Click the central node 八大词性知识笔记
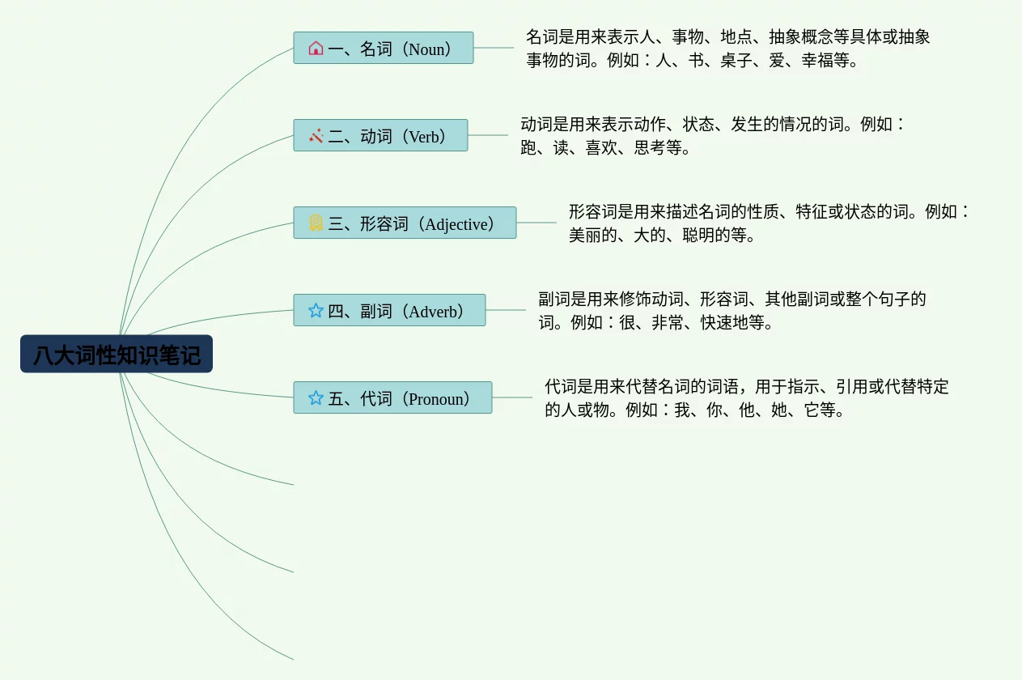pyautogui.click(x=117, y=354)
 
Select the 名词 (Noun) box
pyautogui.click(x=384, y=48)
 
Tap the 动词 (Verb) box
pyautogui.click(x=380, y=135)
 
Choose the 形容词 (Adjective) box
pyautogui.click(x=405, y=223)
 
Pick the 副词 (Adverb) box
pyautogui.click(x=389, y=310)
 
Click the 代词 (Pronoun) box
pyautogui.click(x=392, y=397)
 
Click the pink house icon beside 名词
pyautogui.click(x=316, y=48)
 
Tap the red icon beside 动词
pyautogui.click(x=316, y=135)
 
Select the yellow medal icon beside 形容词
pyautogui.click(x=316, y=223)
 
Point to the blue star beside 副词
pyautogui.click(x=316, y=310)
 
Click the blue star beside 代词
pyautogui.click(x=316, y=397)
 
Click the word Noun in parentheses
pyautogui.click(x=426, y=49)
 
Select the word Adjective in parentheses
pyautogui.click(x=456, y=224)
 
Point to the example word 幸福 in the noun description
pyautogui.click(x=817, y=60)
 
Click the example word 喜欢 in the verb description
pyautogui.click(x=601, y=147)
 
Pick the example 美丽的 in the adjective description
pyautogui.click(x=592, y=235)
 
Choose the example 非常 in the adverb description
pyautogui.click(x=668, y=323)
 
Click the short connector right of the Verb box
pyautogui.click(x=488, y=135)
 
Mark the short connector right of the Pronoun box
pyautogui.click(x=512, y=397)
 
